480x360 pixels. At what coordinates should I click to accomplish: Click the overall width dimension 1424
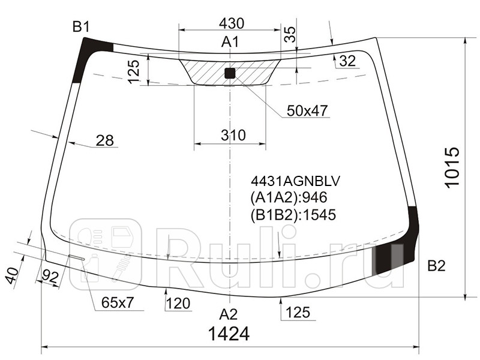coord(229,333)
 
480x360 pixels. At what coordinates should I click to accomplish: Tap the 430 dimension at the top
coord(232,23)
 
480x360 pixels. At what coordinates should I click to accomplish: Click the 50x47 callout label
coord(307,111)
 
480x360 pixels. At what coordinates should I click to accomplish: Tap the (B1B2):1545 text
coord(292,214)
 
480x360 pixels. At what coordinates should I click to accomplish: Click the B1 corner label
coord(81,26)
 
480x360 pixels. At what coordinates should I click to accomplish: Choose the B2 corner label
coord(436,266)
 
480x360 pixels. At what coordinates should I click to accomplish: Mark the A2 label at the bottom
coord(228,314)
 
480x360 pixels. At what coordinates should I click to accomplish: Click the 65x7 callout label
coord(117,304)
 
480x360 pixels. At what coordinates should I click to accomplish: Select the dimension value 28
coord(104,141)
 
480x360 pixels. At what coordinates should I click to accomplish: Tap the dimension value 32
coord(347,61)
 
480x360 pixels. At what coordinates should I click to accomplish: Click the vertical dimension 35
coord(290,35)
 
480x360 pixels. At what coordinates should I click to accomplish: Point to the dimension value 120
coord(179,304)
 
